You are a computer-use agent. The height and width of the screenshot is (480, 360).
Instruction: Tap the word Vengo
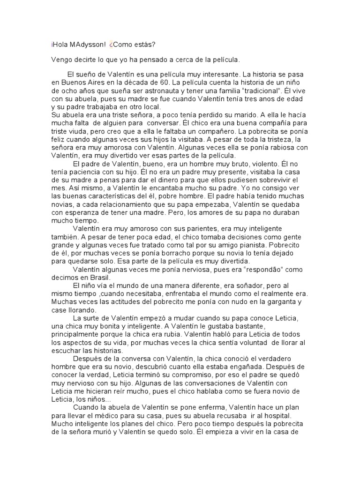[63, 60]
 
